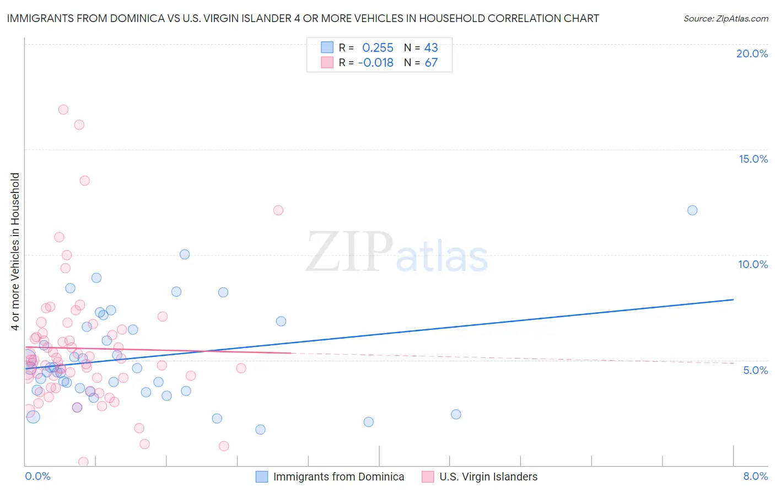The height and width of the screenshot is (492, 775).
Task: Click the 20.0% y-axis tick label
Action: click(x=752, y=54)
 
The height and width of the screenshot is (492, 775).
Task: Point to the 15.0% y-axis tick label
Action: click(x=753, y=159)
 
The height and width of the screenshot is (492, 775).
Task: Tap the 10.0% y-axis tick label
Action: click(x=753, y=264)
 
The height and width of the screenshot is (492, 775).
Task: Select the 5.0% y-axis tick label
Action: click(x=755, y=370)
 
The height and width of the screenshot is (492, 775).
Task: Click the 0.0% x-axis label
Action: click(x=37, y=476)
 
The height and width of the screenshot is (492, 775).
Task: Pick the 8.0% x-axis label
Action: click(x=755, y=476)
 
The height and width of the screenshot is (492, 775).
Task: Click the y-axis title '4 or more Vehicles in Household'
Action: click(x=15, y=252)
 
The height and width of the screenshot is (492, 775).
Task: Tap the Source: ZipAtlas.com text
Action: click(x=725, y=19)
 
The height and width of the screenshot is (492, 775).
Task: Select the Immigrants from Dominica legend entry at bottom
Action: click(x=338, y=477)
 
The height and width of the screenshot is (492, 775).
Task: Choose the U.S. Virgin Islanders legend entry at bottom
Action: click(x=488, y=477)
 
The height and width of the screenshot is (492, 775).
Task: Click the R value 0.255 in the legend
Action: click(x=378, y=47)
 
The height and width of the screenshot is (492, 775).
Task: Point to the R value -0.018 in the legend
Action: click(x=375, y=62)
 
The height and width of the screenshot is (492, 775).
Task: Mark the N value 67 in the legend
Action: click(x=431, y=62)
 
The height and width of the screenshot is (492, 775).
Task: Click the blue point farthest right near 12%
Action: click(x=692, y=210)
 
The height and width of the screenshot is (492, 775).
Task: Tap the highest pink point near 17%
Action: click(x=63, y=110)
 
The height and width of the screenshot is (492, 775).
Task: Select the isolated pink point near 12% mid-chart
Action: click(x=278, y=210)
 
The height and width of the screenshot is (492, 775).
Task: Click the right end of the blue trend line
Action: click(x=733, y=300)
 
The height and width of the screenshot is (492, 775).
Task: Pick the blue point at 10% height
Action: click(x=185, y=254)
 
